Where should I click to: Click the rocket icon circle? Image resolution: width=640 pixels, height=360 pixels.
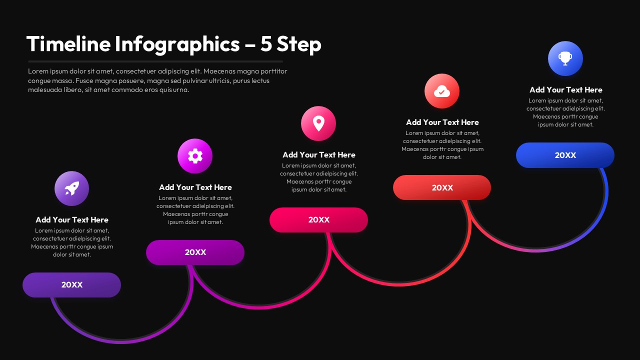(71, 188)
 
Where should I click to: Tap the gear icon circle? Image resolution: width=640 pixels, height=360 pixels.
(195, 156)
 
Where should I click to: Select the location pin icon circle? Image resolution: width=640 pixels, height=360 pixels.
(318, 123)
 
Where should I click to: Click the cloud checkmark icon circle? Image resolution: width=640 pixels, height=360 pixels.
(442, 91)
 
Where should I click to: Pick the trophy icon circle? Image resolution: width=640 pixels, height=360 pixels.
(565, 58)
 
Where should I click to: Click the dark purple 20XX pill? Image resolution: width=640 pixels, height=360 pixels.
(71, 285)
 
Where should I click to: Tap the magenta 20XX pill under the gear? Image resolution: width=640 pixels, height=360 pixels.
(195, 252)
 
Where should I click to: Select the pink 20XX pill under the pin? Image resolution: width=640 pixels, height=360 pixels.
(318, 220)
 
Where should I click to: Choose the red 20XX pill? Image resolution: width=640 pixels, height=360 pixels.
(442, 187)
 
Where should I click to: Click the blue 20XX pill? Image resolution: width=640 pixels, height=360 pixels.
(565, 155)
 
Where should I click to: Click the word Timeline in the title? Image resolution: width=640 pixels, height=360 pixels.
(68, 44)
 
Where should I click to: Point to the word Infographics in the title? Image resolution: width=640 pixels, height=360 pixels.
(177, 44)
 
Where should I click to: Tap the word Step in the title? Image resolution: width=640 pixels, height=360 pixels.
(299, 44)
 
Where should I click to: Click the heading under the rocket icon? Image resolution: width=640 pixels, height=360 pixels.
(72, 220)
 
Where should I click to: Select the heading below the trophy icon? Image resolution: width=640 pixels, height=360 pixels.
(566, 90)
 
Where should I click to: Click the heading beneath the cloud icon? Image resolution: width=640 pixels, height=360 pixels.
(442, 122)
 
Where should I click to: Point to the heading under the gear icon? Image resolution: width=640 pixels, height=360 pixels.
(195, 187)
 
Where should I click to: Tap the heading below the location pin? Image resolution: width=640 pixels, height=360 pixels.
(319, 155)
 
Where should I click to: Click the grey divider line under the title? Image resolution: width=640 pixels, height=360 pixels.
(155, 61)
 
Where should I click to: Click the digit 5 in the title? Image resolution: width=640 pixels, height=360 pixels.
(266, 44)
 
